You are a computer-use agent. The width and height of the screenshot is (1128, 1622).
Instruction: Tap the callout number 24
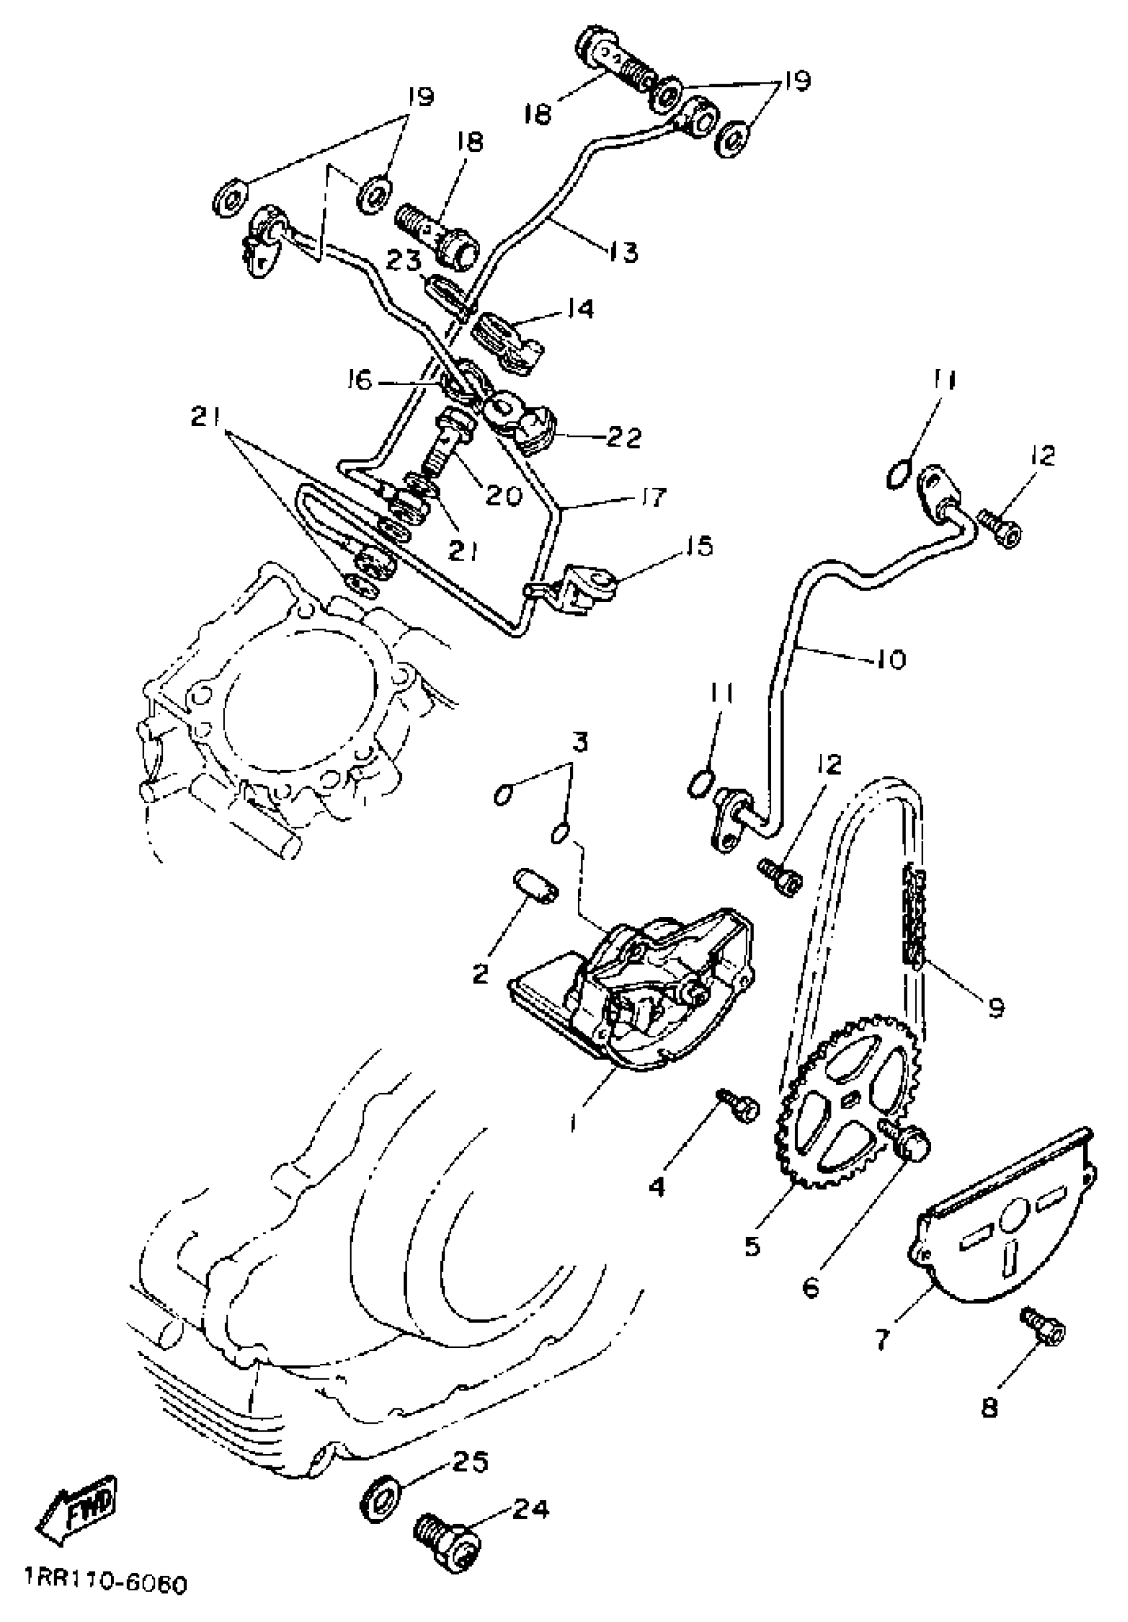click(529, 1506)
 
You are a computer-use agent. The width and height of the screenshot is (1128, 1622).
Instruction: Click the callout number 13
click(623, 251)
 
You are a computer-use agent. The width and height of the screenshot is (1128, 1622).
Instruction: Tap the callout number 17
click(650, 497)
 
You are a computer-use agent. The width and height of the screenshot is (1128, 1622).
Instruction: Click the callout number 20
click(504, 494)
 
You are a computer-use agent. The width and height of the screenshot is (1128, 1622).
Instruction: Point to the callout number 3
click(579, 743)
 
